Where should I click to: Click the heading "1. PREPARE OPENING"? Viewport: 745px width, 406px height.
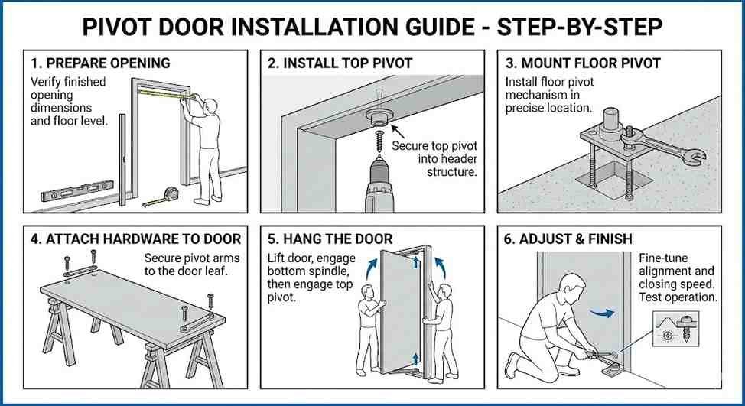(x=100, y=63)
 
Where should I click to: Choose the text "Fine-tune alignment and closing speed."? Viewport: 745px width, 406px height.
(x=676, y=271)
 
